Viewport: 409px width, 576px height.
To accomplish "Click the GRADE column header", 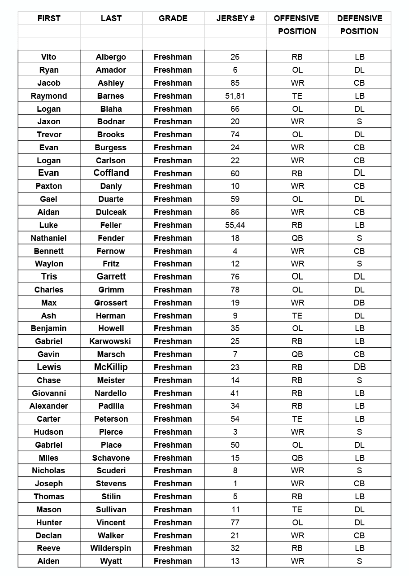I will point(173,18).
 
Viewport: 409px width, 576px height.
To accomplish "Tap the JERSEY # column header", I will point(235,18).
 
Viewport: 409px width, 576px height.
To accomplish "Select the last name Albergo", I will point(111,57).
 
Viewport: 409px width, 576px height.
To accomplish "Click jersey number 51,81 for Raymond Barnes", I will point(235,96).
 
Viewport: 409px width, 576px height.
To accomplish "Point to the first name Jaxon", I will point(48,122).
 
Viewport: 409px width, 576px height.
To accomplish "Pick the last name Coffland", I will point(111,173).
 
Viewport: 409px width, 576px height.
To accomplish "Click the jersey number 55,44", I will point(235,225).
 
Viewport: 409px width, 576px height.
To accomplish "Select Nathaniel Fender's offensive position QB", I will point(297,238).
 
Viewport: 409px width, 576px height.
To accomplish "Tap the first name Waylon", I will point(48,264).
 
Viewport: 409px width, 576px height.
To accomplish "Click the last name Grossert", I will point(111,303).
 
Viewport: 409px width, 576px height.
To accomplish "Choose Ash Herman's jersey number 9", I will point(235,316).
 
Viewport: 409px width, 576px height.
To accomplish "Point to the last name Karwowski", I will point(111,341).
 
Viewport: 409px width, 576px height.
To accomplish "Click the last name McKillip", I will point(111,367).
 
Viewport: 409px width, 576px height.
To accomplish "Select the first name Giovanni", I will point(48,393).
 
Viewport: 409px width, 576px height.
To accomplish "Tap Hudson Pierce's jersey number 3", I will point(235,432).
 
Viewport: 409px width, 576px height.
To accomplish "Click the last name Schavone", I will point(111,458).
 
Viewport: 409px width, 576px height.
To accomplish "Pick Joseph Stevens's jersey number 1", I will point(235,484).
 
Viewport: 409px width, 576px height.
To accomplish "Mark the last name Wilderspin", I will point(111,548).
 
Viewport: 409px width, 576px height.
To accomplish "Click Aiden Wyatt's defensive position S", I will point(359,561).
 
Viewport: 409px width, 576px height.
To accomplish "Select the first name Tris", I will point(48,277).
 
